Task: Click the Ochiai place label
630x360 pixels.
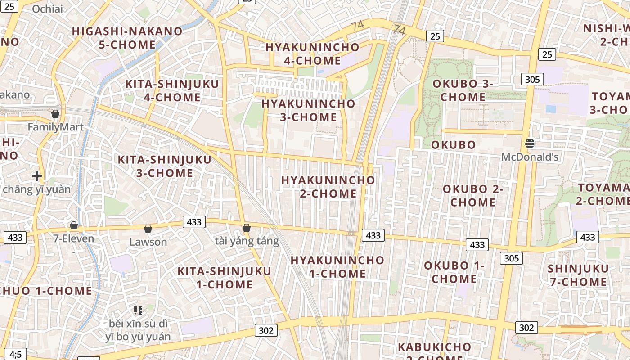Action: pos(48,9)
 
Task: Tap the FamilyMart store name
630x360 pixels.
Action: pos(55,127)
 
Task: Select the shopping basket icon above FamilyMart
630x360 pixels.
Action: pos(55,114)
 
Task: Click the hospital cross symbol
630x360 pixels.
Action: pos(37,175)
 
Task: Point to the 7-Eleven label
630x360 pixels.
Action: pos(74,238)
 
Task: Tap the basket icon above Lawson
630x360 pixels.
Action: pos(148,229)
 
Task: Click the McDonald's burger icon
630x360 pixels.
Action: pos(530,144)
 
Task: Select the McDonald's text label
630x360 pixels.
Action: pos(530,157)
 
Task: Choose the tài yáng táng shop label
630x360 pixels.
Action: pos(247,241)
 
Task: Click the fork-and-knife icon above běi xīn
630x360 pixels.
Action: pos(138,310)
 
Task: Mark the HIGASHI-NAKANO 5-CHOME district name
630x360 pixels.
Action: pos(127,38)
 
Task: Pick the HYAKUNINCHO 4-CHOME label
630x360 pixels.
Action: pos(312,54)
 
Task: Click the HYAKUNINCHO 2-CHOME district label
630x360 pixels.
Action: pos(328,187)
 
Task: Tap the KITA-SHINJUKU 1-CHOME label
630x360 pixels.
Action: pos(224,278)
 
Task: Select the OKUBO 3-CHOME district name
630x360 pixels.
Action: pos(463,90)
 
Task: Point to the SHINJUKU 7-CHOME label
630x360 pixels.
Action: pos(578,275)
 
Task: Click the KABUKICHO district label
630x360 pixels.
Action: pos(434,347)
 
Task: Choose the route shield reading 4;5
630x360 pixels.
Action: pos(16,354)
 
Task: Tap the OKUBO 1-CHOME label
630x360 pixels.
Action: pos(454,272)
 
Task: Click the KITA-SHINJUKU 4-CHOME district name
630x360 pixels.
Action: pos(172,90)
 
